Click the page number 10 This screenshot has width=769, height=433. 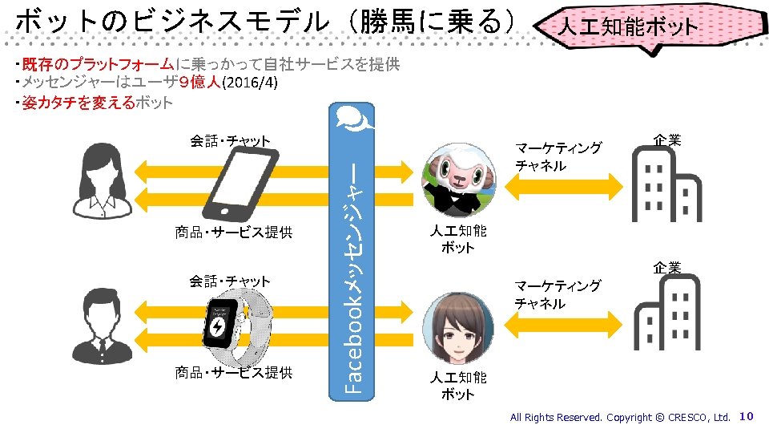pyautogui.click(x=746, y=416)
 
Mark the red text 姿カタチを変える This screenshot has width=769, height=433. pyautogui.click(x=79, y=103)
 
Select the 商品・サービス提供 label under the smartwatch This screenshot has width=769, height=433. pyautogui.click(x=234, y=372)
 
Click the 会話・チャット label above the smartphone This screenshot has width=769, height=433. pyautogui.click(x=230, y=142)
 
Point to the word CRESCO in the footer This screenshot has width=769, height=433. pyautogui.click(x=687, y=417)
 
